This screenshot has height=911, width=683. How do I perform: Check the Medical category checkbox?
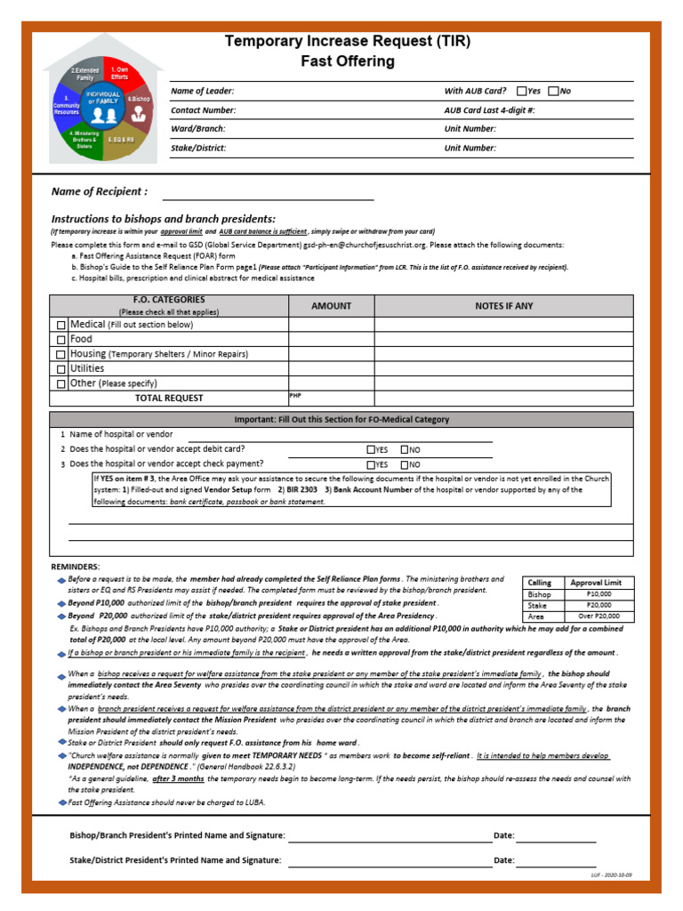pos(60,326)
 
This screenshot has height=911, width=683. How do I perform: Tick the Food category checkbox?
pos(60,340)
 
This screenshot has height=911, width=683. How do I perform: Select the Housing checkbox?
pos(60,354)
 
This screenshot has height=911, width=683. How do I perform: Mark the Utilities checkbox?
pos(60,368)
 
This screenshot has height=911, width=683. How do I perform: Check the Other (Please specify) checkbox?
pos(60,383)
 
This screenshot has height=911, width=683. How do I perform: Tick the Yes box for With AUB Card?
pos(521,91)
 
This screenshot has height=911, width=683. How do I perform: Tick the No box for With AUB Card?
pos(553,91)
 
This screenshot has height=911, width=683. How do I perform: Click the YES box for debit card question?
pos(371,449)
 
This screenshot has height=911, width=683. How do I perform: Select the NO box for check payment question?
pos(405,464)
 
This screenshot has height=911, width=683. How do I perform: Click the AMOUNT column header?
pos(331,306)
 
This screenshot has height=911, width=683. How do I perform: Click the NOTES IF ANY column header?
pos(503,306)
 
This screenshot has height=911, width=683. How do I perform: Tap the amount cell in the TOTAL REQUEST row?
pos(331,398)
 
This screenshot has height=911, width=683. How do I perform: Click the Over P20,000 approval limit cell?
pos(599,616)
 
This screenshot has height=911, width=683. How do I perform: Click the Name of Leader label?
pos(203,92)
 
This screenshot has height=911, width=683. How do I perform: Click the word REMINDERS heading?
pos(76,567)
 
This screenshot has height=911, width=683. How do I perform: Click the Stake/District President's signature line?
pos(389,861)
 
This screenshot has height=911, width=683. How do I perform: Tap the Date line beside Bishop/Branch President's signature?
pos(556,836)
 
